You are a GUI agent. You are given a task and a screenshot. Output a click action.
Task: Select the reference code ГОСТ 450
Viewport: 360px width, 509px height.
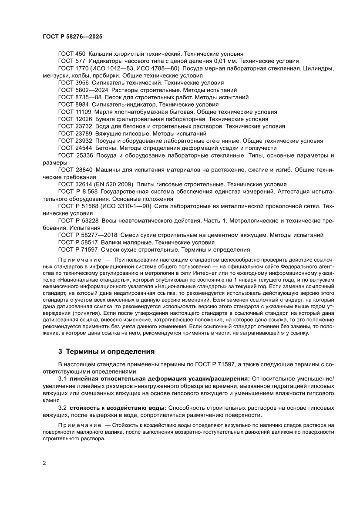pyautogui.click(x=71, y=54)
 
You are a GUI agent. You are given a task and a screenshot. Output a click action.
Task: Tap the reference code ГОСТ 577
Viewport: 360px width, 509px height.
pyautogui.click(x=71, y=61)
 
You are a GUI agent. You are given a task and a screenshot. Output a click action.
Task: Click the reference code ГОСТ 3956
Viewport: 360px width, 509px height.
pyautogui.click(x=73, y=83)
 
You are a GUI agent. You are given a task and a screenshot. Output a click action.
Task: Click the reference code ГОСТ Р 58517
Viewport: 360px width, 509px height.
pyautogui.click(x=78, y=243)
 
